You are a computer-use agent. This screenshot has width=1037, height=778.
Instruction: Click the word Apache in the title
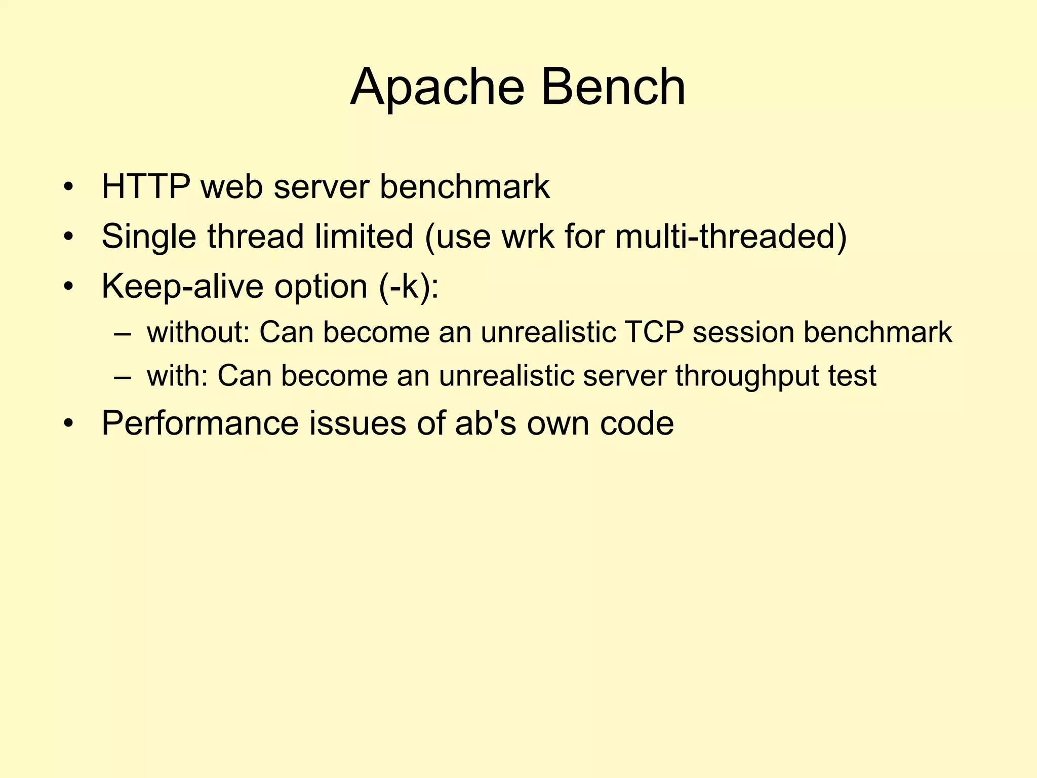437,87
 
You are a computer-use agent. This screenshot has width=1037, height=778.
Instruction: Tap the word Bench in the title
613,87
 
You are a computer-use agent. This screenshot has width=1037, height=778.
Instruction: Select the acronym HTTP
146,187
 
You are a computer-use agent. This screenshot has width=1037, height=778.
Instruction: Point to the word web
232,187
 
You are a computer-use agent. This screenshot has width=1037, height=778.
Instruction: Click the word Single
149,237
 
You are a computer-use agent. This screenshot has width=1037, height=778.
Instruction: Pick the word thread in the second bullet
255,237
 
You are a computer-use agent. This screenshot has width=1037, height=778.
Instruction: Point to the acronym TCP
653,333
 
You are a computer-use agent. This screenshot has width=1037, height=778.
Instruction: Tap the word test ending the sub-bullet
852,376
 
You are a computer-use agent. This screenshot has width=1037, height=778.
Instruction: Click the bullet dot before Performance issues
69,424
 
